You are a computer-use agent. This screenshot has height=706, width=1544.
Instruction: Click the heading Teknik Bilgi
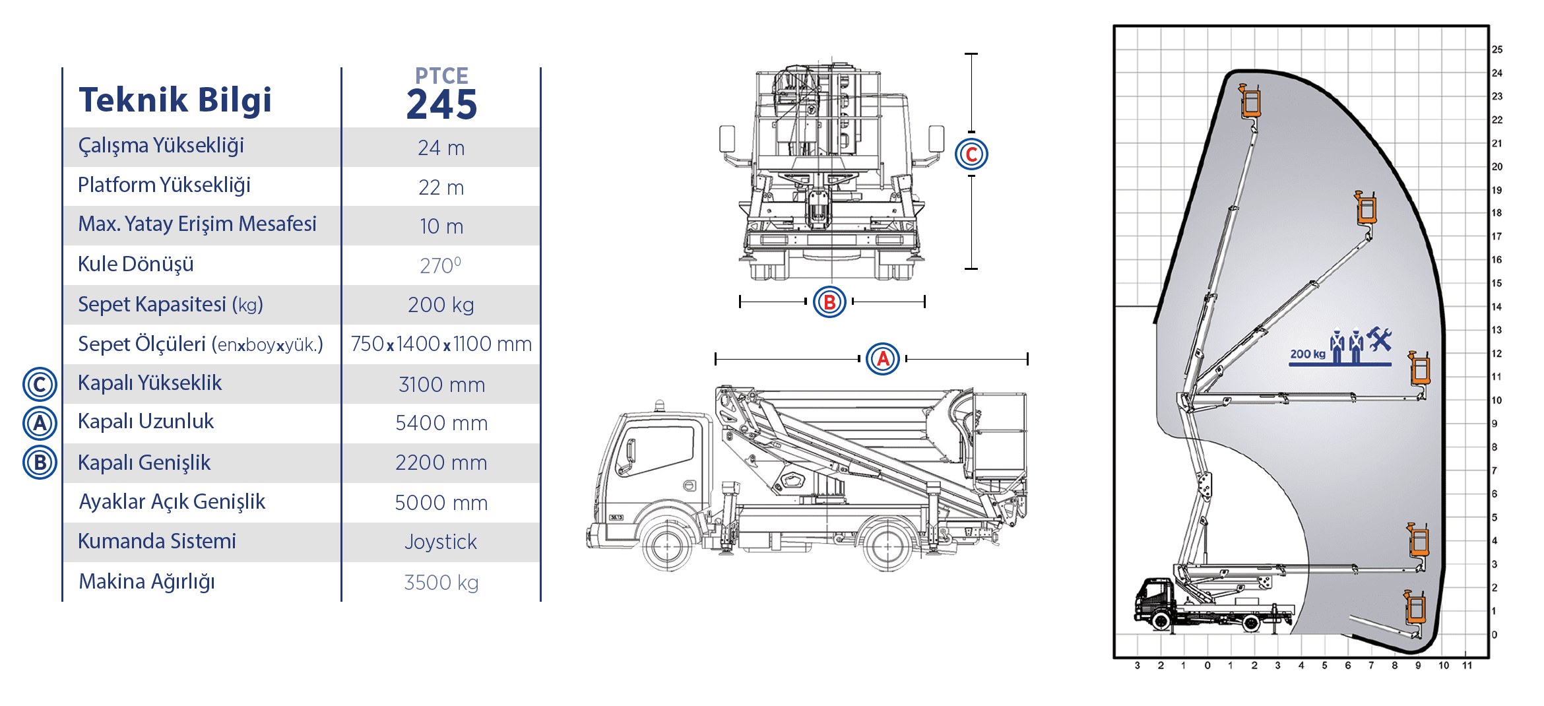(x=175, y=100)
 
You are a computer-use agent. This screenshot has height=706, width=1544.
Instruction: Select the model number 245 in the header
(x=441, y=105)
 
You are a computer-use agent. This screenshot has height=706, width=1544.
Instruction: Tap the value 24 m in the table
(x=441, y=148)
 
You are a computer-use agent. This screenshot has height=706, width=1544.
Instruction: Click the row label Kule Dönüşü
(x=136, y=264)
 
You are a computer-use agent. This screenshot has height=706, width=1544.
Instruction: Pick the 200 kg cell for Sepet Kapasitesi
(x=441, y=305)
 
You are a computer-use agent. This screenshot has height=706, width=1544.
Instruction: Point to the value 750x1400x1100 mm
(x=441, y=344)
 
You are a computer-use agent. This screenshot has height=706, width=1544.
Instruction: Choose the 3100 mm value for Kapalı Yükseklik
(x=441, y=385)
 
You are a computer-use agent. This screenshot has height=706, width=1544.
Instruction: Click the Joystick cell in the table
(x=441, y=542)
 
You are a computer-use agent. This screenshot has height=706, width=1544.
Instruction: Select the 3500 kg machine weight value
(x=441, y=583)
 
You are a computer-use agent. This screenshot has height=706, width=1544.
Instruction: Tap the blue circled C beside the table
(x=40, y=384)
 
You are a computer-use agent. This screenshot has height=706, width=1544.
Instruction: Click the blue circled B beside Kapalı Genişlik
(x=40, y=463)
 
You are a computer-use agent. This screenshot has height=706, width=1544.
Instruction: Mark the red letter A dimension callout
(x=883, y=359)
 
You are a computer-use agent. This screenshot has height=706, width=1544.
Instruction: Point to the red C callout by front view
(x=971, y=154)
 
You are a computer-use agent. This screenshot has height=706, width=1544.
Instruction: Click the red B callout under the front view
(x=829, y=302)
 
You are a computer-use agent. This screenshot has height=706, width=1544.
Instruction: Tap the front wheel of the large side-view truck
(x=667, y=546)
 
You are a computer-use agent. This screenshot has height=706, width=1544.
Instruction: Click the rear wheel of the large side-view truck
(x=887, y=546)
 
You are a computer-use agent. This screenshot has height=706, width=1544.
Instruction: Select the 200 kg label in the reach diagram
(x=1308, y=354)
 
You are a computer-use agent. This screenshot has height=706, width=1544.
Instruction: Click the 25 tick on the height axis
(x=1497, y=49)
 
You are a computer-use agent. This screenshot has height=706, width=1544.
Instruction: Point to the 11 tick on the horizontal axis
(x=1467, y=665)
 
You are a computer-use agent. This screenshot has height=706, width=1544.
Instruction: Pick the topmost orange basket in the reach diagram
(x=1250, y=102)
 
